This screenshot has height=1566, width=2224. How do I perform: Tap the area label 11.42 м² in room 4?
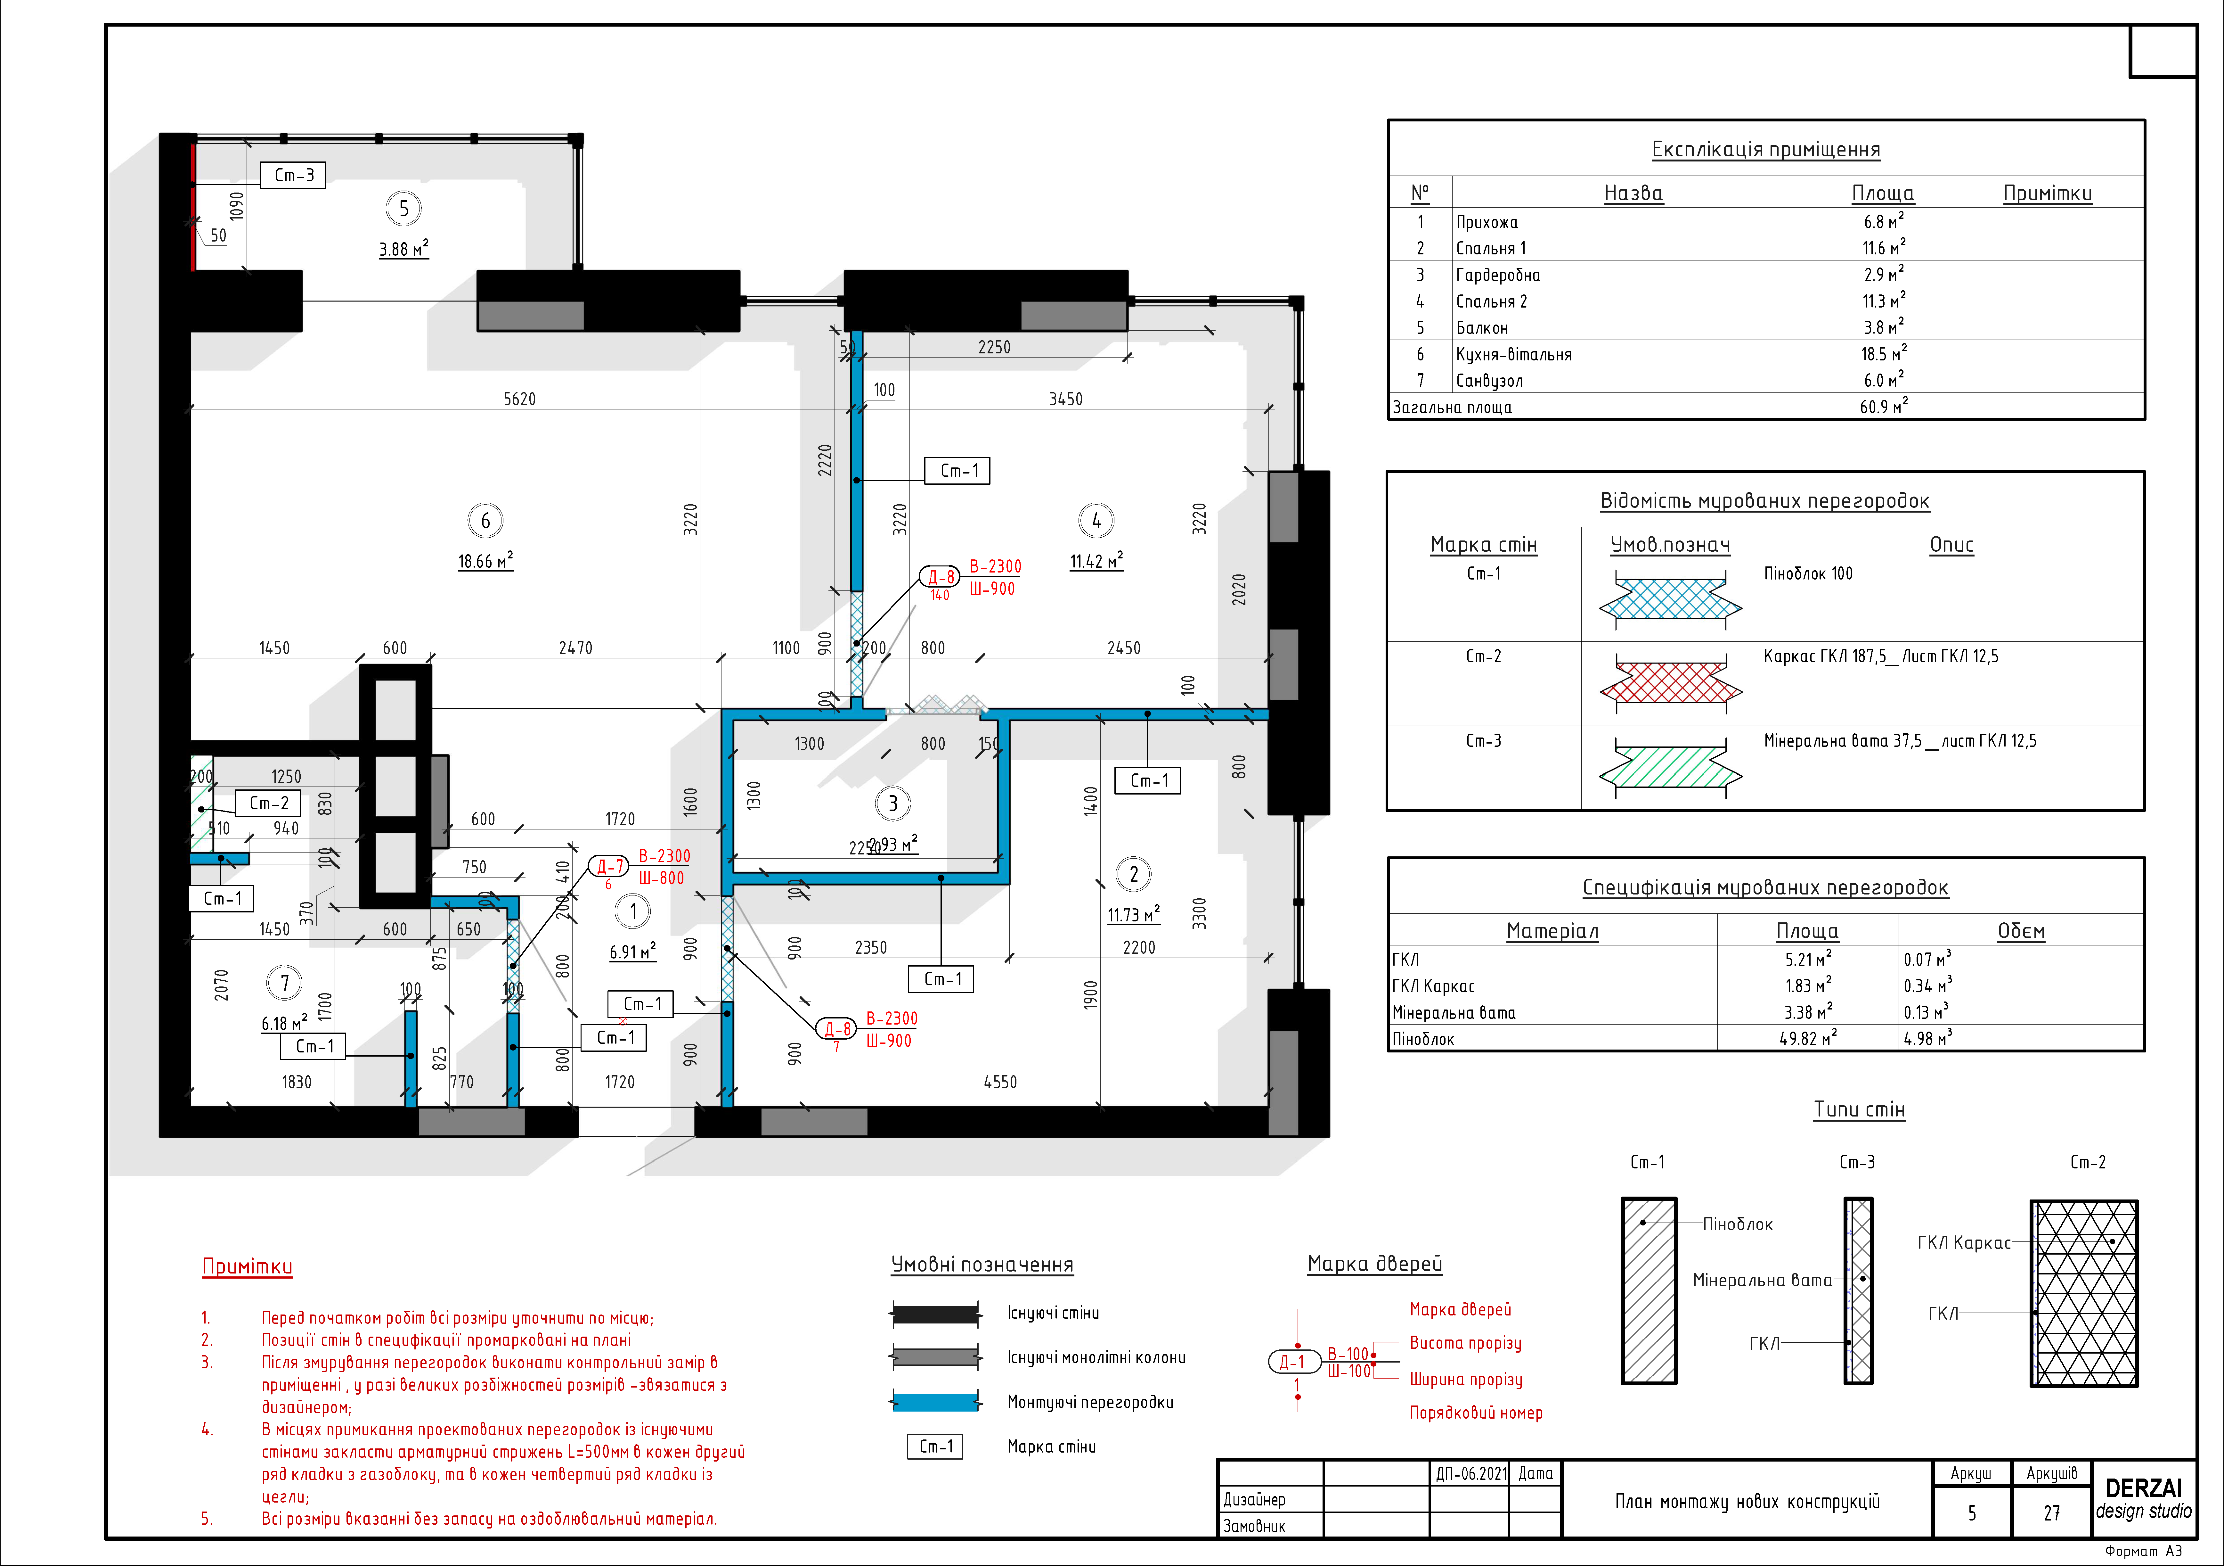point(1096,561)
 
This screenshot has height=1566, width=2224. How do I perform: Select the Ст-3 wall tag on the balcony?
point(294,175)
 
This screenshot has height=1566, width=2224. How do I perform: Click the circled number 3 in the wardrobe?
point(893,804)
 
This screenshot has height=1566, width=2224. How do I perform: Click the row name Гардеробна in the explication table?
point(1497,275)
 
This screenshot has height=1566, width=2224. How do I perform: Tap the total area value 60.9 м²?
point(1883,407)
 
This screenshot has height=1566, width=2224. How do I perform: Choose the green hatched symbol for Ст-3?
point(1670,768)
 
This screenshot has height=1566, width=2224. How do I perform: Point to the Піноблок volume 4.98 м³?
point(1927,1038)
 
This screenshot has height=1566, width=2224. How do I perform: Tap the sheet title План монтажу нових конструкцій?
point(1747,1501)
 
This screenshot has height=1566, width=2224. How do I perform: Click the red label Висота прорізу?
point(1466,1343)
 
